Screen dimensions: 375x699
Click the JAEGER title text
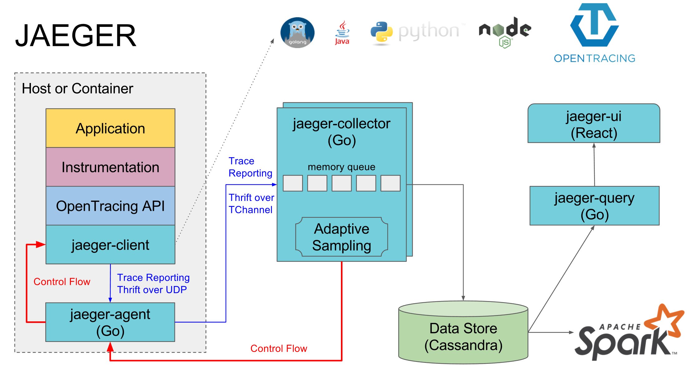pos(76,36)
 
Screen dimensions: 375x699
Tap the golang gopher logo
pos(297,32)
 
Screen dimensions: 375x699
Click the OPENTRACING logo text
pos(594,58)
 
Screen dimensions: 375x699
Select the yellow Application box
pos(110,128)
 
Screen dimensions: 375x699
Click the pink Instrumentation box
pos(110,167)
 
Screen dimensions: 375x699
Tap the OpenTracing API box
pos(110,206)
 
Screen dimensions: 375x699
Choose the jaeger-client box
pos(110,245)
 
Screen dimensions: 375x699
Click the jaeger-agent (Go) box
pos(110,322)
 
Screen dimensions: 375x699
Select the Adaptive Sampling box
pos(342,237)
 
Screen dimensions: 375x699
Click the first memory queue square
pos(293,183)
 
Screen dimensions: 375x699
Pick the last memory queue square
pos(390,183)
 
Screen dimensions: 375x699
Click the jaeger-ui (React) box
pos(594,124)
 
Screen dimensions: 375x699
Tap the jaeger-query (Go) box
pos(594,206)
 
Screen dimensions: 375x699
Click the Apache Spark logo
pos(628,335)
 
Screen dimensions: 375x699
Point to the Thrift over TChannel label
pos(251,203)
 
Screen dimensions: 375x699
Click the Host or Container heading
pos(77,89)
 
